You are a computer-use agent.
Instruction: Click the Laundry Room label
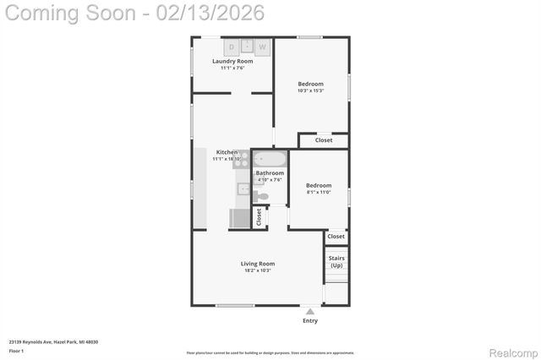coord(232,61)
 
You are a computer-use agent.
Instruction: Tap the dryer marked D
coord(230,47)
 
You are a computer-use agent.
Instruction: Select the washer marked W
coord(262,47)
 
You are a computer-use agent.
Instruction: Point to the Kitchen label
coord(227,152)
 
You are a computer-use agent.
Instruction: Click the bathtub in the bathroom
coord(270,159)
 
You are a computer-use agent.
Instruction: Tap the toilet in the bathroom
coord(263,196)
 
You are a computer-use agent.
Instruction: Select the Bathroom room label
coord(270,173)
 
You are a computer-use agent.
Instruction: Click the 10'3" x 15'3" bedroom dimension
coord(310,91)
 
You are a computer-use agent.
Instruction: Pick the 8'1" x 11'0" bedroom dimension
coord(319,193)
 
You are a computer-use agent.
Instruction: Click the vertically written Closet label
coord(260,216)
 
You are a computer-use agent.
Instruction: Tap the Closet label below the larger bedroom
coord(324,140)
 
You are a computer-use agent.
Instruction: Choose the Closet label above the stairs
coord(336,237)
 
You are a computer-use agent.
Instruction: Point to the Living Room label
coord(258,264)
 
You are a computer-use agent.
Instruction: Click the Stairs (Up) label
coord(336,262)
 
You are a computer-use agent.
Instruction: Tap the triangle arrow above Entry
coord(310,312)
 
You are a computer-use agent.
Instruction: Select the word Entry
coord(310,321)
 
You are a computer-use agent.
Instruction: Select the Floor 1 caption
coord(16,350)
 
